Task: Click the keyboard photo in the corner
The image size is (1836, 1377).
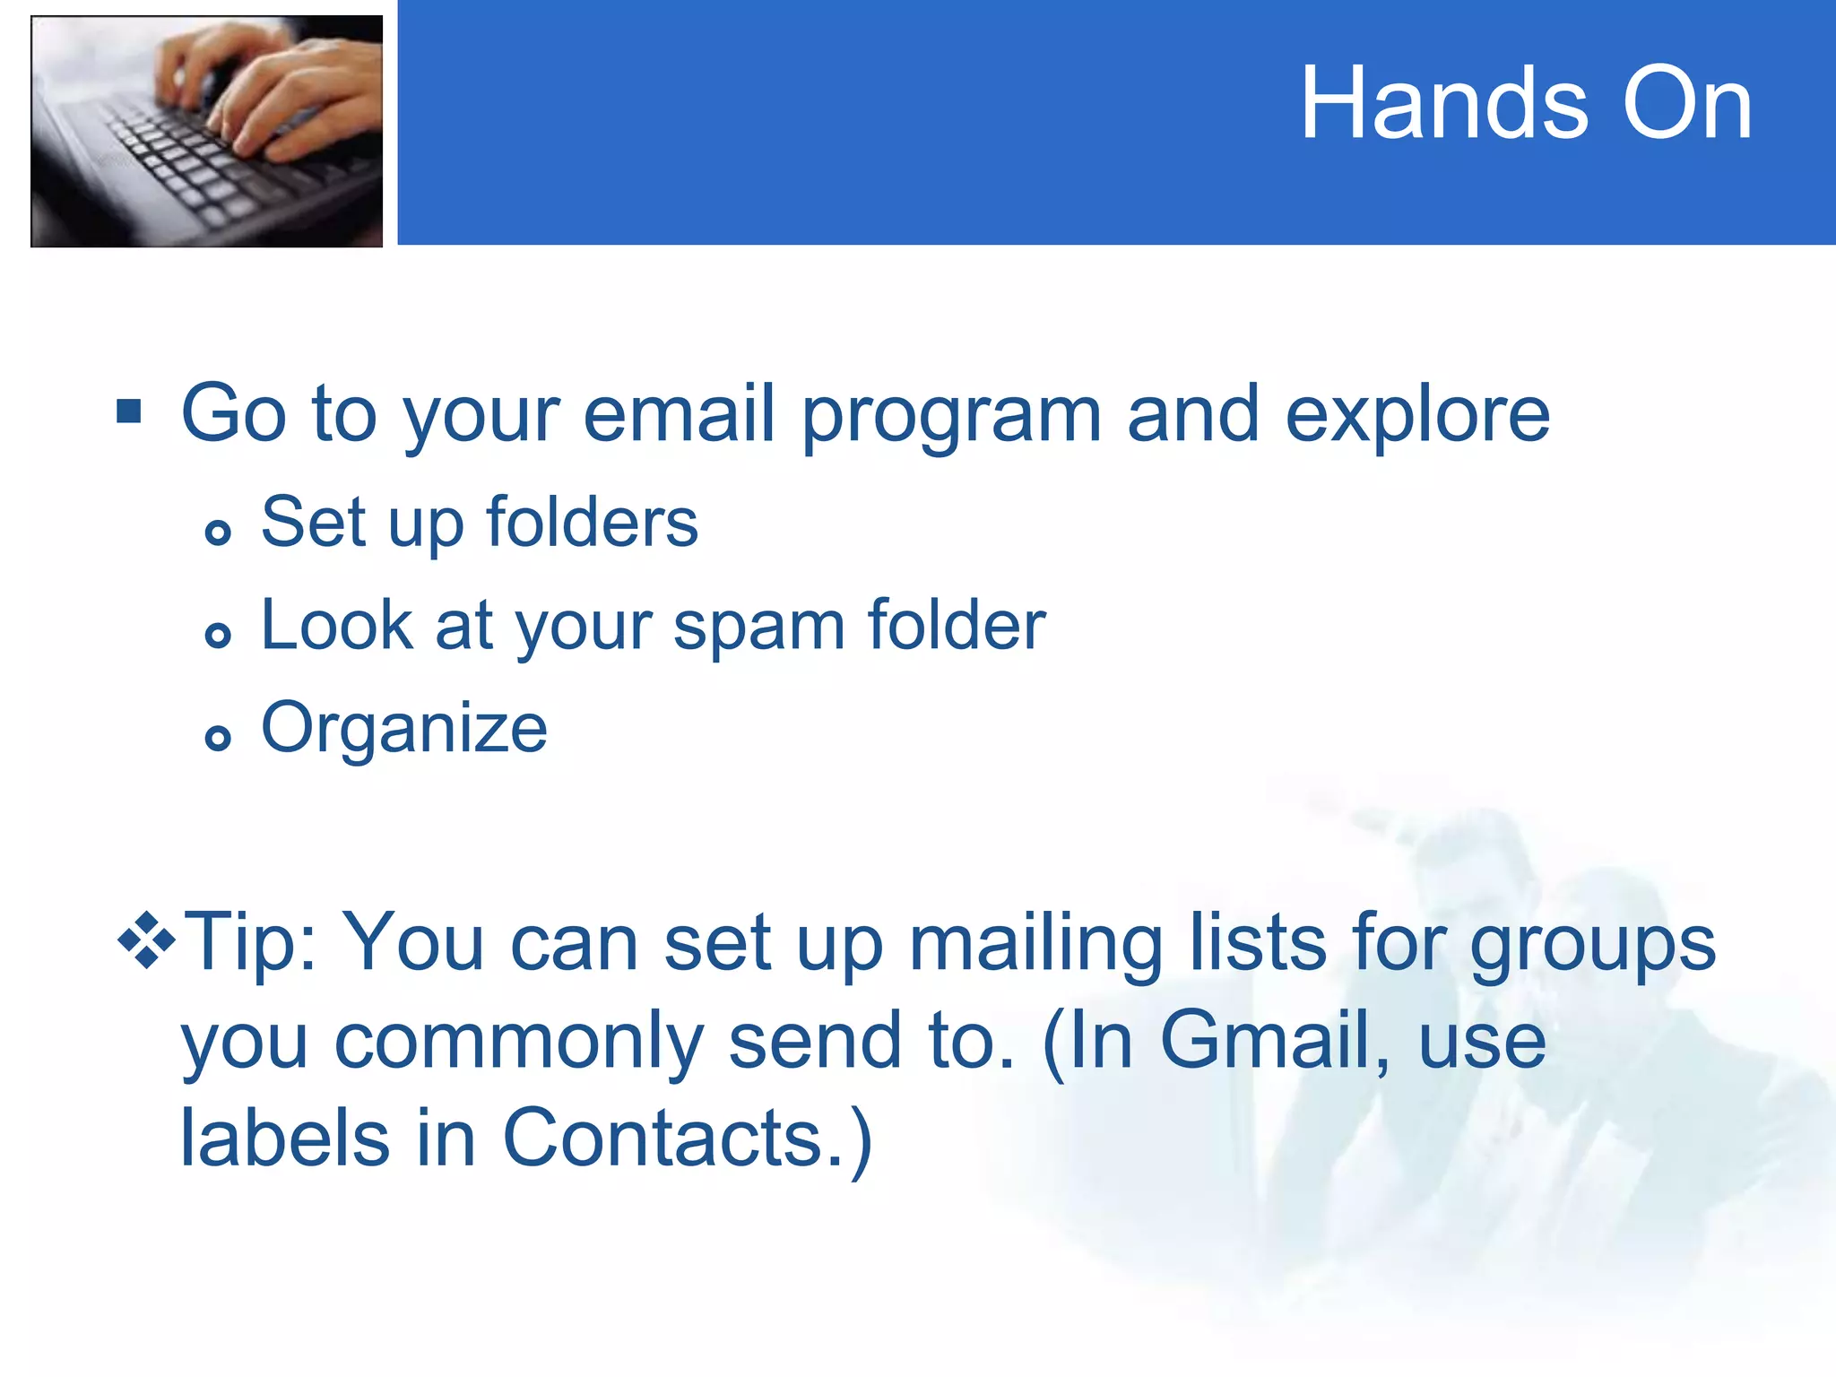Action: pos(207,131)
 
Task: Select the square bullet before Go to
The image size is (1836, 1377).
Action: pos(129,411)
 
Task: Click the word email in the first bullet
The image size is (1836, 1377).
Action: pos(679,414)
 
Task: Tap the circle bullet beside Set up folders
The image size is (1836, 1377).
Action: pos(218,533)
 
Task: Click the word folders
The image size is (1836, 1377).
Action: pos(592,523)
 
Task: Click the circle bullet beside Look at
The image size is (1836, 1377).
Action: pos(218,636)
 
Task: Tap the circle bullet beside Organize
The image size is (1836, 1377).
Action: pos(218,738)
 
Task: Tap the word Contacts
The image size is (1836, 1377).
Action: pos(663,1139)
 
